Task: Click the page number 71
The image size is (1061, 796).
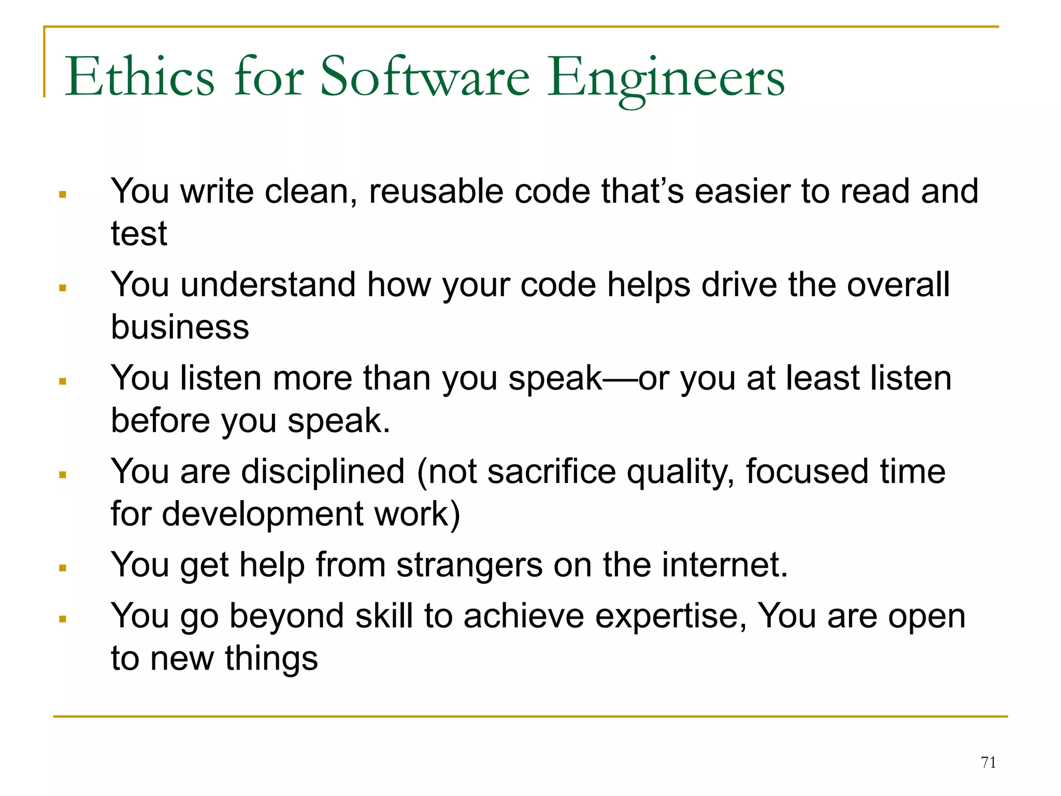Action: click(x=988, y=762)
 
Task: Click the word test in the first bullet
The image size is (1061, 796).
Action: click(x=139, y=234)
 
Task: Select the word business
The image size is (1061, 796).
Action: click(x=180, y=327)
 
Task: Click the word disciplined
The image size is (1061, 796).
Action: click(x=323, y=472)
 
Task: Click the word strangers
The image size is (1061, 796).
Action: click(x=469, y=565)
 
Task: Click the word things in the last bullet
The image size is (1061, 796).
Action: click(x=271, y=659)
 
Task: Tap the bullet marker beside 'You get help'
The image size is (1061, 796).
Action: click(x=63, y=568)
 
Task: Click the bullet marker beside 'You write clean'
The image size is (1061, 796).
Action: click(x=63, y=195)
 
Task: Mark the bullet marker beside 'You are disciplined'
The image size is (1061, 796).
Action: click(x=63, y=475)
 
